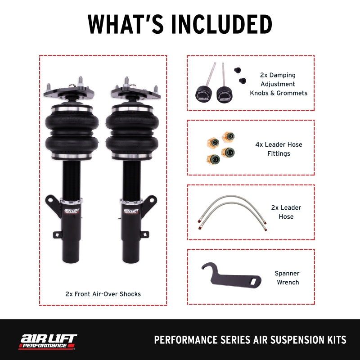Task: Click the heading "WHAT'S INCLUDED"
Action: point(180,24)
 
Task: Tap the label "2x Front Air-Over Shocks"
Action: point(103,294)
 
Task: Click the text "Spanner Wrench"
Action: point(287,278)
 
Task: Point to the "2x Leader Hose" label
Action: point(286,212)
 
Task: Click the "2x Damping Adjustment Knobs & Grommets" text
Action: point(279,84)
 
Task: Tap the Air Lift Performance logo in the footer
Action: point(48,341)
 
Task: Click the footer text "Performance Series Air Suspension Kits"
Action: point(250,340)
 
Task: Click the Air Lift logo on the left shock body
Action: point(71,211)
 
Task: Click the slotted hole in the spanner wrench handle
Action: point(255,281)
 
